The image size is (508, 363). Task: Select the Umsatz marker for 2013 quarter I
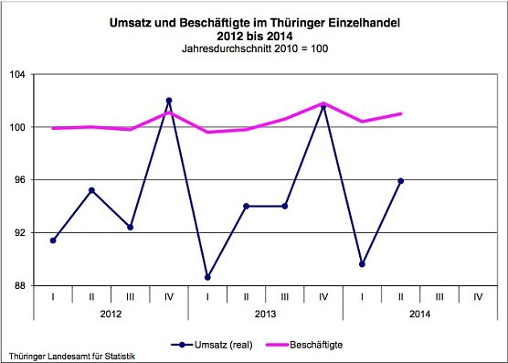(207, 277)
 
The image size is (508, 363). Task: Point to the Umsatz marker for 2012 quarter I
(53, 240)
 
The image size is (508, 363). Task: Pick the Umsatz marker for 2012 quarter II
(91, 190)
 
